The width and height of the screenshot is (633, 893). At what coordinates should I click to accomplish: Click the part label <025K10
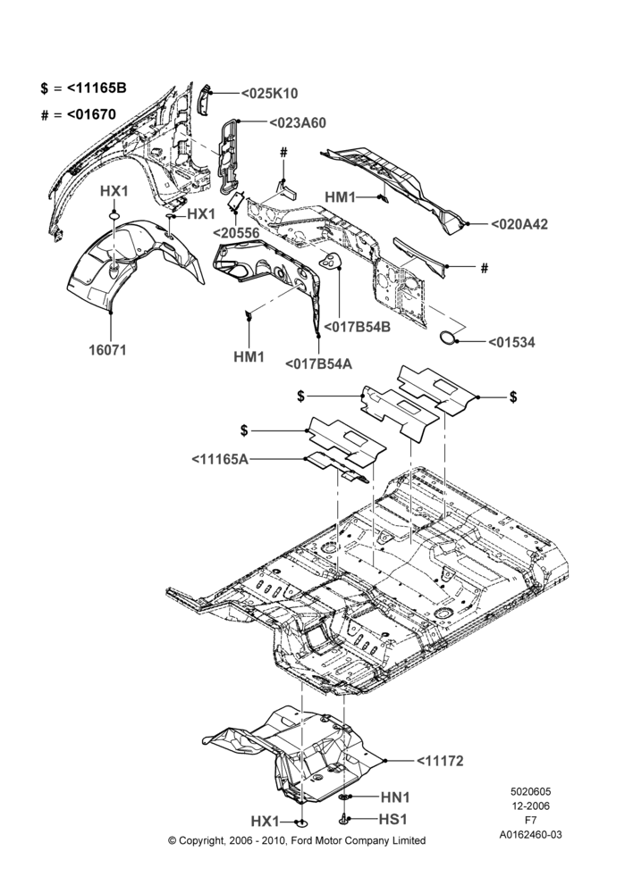pos(269,94)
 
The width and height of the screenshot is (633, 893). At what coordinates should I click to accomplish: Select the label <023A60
pos(297,122)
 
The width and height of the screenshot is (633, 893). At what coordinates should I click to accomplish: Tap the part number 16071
pos(107,349)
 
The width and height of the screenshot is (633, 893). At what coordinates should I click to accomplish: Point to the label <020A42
pos(519,224)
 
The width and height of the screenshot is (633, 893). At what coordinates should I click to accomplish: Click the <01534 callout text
pos(511,342)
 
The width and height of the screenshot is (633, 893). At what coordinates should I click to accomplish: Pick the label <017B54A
pos(317,363)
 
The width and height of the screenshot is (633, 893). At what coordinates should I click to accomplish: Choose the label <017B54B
pos(357,328)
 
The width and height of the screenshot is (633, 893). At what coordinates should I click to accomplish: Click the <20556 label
pos(237,233)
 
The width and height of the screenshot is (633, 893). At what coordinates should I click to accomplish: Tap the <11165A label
pos(220,459)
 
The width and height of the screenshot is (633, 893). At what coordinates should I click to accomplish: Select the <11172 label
pos(440,761)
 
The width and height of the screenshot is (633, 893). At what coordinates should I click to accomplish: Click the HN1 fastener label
pos(395,797)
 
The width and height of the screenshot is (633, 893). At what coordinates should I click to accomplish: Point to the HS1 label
pos(392,819)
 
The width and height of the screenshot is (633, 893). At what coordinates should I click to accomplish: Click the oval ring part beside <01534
pos(448,338)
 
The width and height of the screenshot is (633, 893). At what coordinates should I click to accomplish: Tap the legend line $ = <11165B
pos(84,88)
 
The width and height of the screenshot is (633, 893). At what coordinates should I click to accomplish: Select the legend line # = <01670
pos(79,114)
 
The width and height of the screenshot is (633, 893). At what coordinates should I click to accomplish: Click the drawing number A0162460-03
pos(531,834)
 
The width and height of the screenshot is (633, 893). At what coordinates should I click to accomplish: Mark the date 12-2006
pos(531,805)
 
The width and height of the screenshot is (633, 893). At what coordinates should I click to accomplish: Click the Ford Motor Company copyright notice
pos(297,840)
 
